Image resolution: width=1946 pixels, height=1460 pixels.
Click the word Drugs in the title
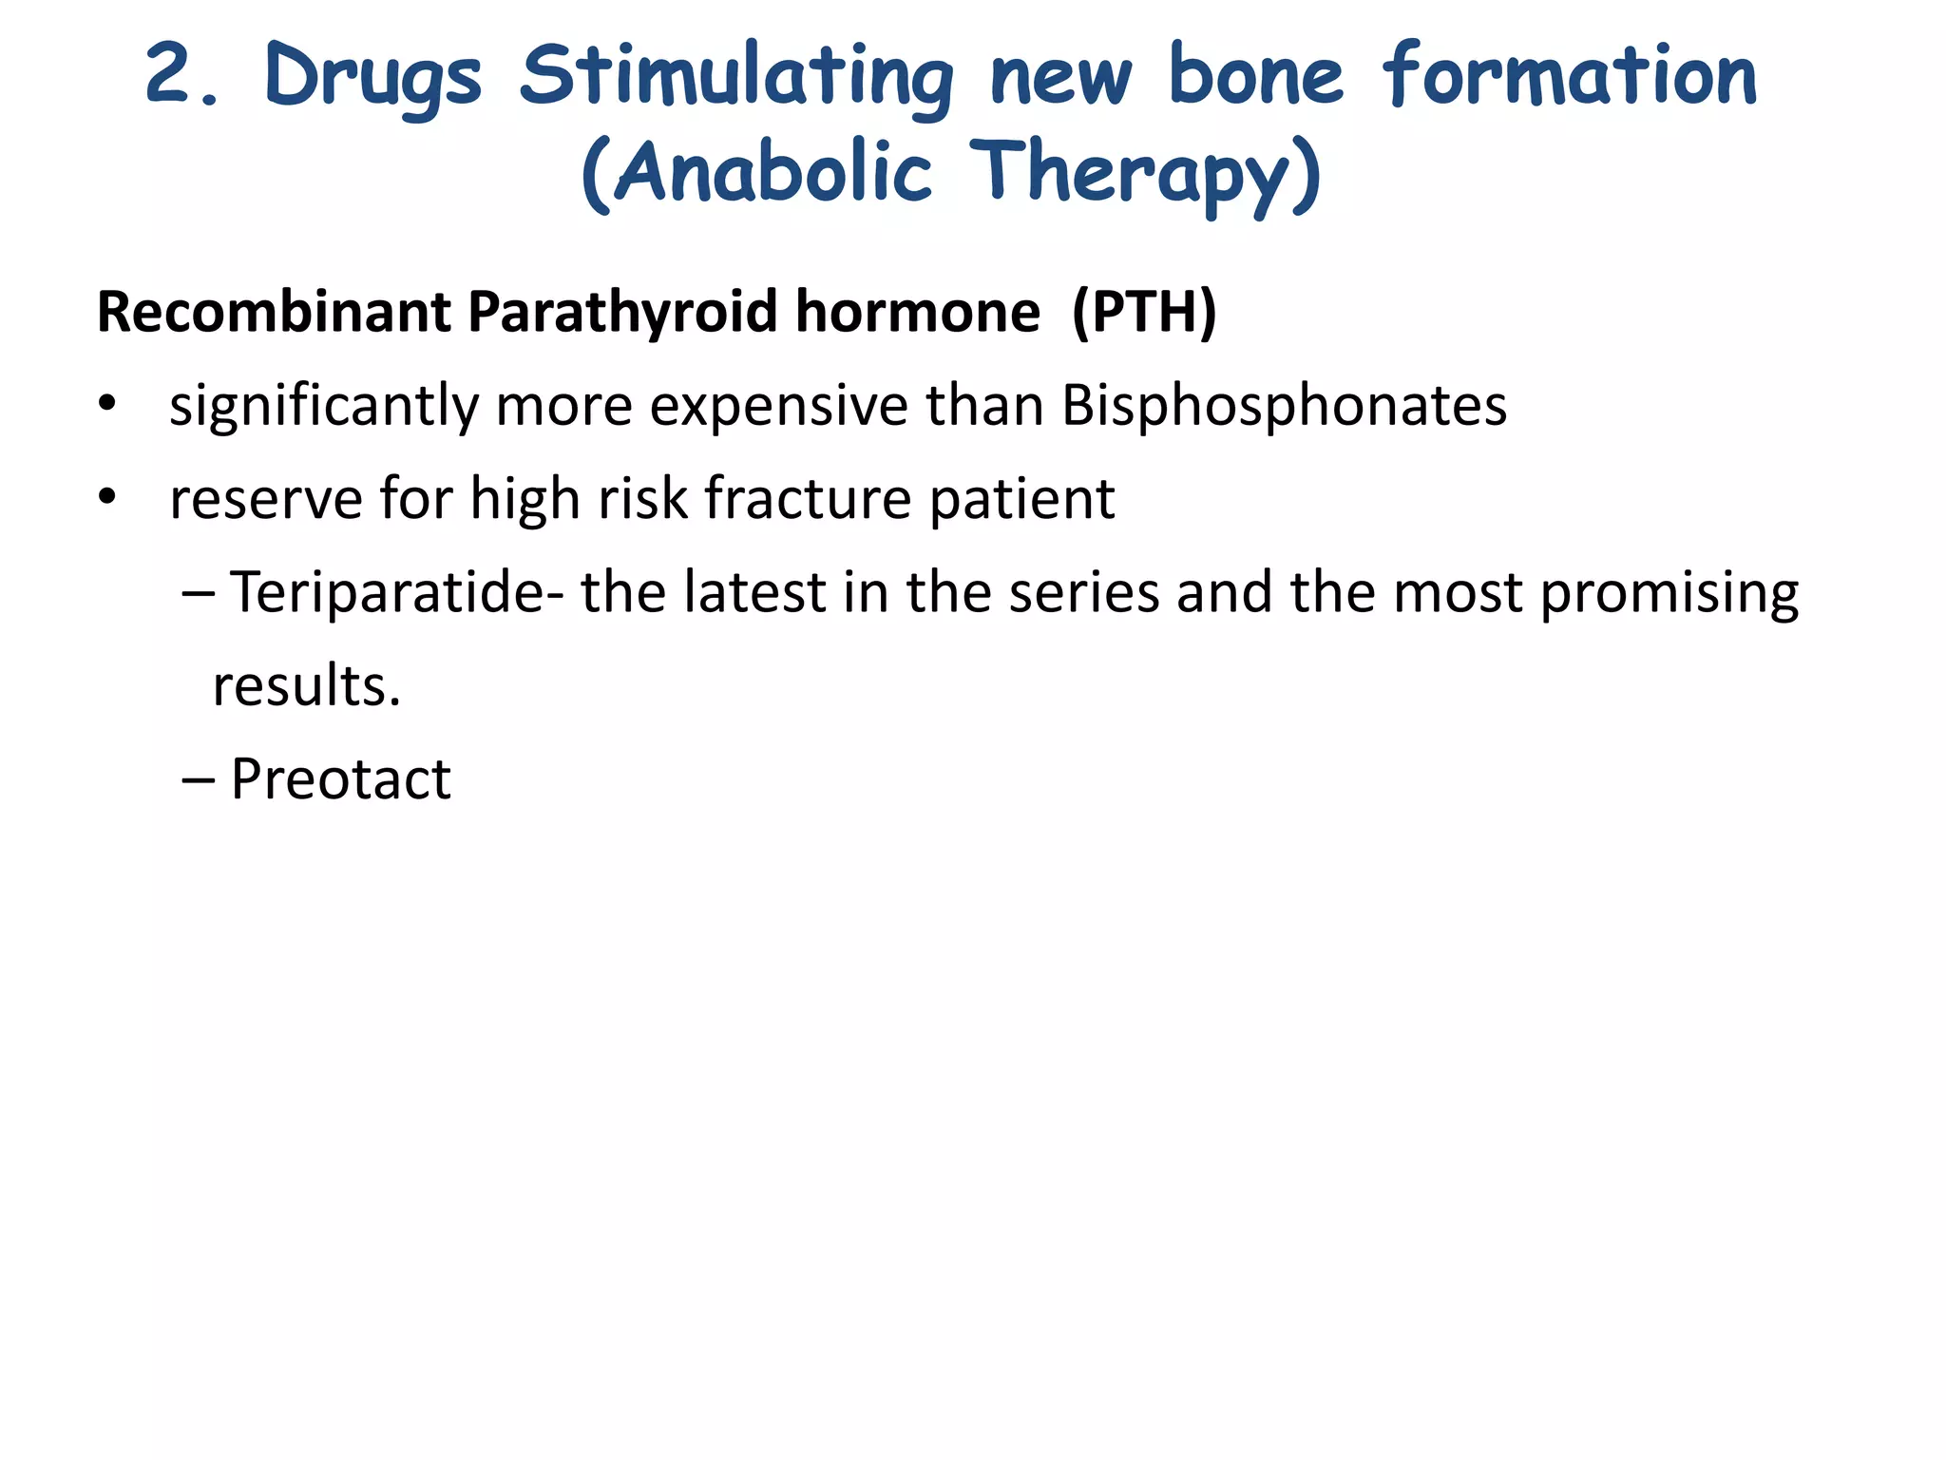click(x=372, y=78)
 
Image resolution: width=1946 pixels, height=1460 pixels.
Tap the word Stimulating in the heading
click(x=736, y=78)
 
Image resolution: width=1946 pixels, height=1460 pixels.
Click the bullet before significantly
click(x=107, y=405)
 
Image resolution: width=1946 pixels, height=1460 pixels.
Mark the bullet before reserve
click(x=107, y=498)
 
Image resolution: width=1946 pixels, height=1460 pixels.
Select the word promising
click(x=1669, y=593)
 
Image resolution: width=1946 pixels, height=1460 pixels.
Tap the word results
click(x=306, y=686)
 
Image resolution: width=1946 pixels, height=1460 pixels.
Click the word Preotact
click(x=340, y=779)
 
